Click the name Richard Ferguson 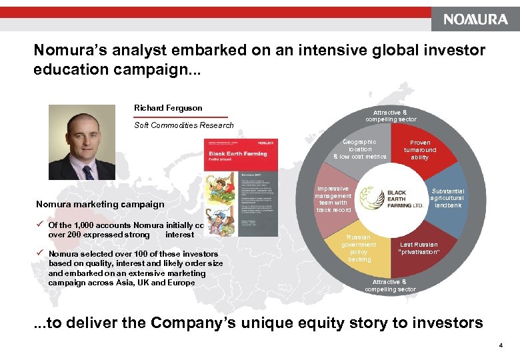pos(168,108)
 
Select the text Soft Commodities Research pos(184,125)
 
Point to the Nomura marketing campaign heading pos(100,204)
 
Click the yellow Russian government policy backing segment pos(359,248)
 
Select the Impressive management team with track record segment pos(333,199)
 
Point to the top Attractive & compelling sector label pos(391,116)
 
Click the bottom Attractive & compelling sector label pos(391,285)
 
